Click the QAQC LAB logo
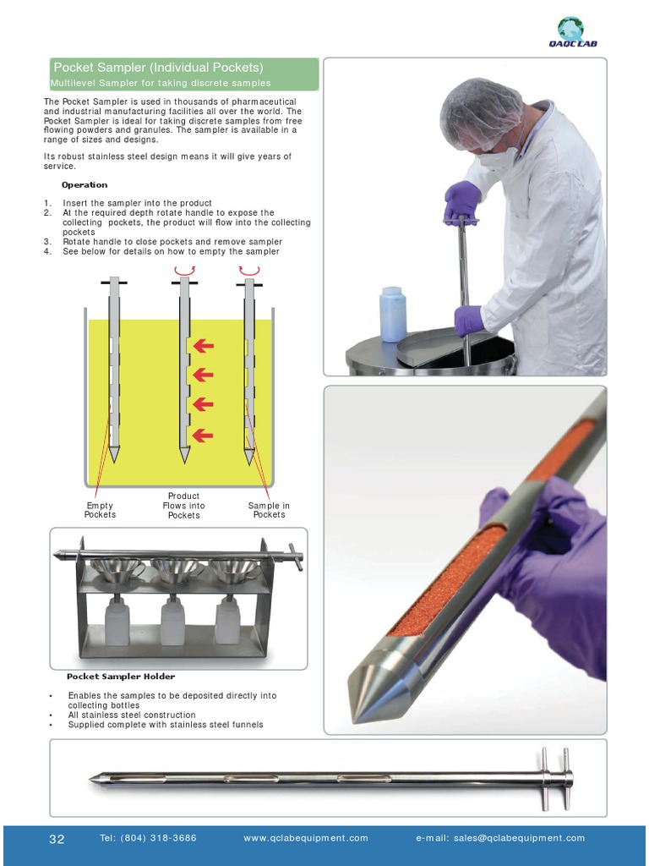(x=573, y=31)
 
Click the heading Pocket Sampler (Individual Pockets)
(x=158, y=68)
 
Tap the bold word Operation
(x=85, y=185)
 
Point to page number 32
(x=57, y=839)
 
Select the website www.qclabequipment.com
(x=306, y=838)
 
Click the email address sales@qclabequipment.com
(x=520, y=838)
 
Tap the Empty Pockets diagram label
(x=100, y=510)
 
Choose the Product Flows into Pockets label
(x=183, y=506)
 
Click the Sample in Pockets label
(x=269, y=510)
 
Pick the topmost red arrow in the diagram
(x=203, y=346)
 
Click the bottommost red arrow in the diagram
(x=203, y=436)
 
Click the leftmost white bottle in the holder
(x=117, y=622)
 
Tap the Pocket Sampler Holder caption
(x=121, y=677)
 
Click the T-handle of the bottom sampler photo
(x=555, y=779)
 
